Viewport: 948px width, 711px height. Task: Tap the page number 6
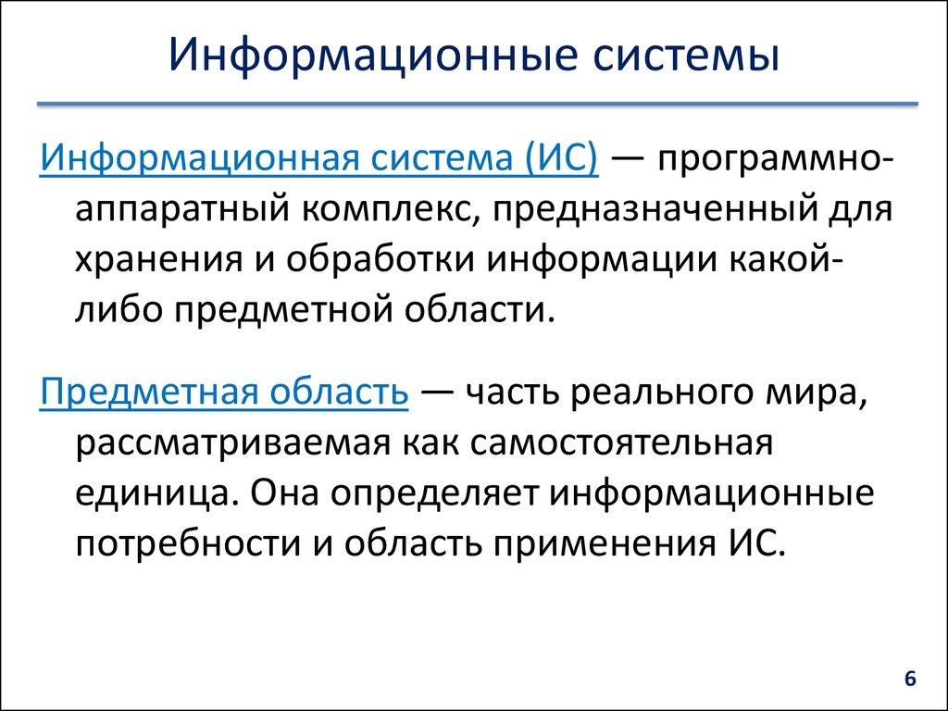(x=909, y=679)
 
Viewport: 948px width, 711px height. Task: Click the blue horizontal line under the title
(x=474, y=104)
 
